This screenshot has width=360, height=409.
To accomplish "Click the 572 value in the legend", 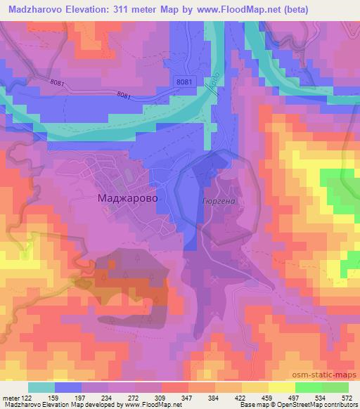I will click(347, 397).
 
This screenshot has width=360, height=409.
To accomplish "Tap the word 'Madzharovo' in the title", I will click(32, 8).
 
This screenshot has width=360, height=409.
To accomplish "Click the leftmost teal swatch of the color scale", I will click(41, 387).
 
